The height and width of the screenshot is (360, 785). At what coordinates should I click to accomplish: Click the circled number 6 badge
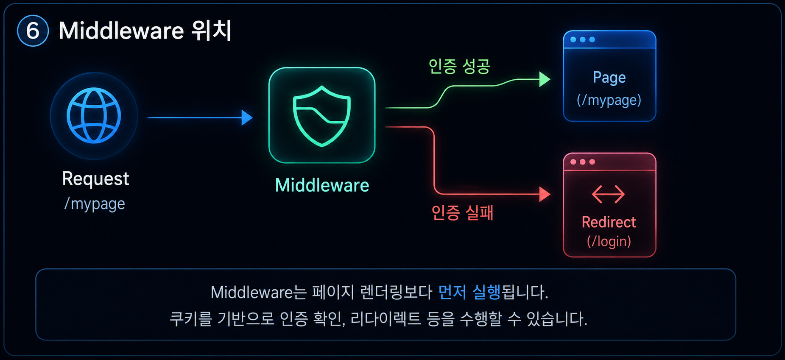(x=33, y=31)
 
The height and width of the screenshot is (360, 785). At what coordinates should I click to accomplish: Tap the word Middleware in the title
(x=121, y=31)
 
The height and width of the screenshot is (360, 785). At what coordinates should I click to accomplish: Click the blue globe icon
(x=94, y=115)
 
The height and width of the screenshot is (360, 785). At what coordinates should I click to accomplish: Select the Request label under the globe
(x=95, y=179)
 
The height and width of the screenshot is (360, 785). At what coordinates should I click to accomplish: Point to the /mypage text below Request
(x=95, y=204)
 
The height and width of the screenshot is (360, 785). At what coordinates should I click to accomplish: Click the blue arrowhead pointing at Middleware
(x=247, y=117)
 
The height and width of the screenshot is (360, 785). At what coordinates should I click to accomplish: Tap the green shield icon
(x=322, y=116)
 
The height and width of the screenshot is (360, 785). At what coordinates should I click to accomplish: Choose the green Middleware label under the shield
(x=322, y=185)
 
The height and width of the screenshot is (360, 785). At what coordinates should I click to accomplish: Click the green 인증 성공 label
(x=459, y=66)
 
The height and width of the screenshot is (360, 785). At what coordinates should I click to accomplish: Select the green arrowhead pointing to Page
(x=545, y=79)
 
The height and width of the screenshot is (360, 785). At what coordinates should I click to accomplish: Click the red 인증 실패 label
(x=462, y=212)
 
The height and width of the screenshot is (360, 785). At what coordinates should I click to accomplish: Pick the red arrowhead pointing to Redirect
(x=545, y=194)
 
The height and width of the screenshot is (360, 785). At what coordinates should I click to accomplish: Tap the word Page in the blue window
(x=609, y=78)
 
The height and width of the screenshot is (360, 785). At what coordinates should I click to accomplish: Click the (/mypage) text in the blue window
(x=609, y=100)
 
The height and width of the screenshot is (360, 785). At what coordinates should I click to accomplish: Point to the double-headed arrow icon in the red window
(x=609, y=195)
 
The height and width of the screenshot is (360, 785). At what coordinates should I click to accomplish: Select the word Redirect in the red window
(x=609, y=222)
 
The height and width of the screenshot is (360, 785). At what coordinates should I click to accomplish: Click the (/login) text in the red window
(x=609, y=241)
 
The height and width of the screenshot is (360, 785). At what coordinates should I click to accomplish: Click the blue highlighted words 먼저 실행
(x=469, y=292)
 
